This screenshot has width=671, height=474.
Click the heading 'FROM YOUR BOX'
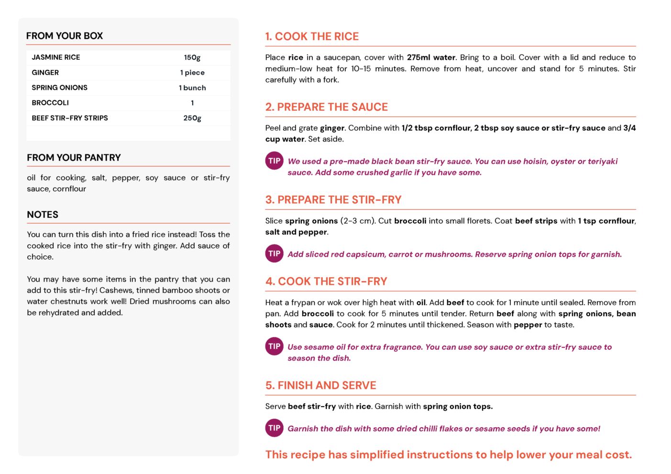pyautogui.click(x=65, y=36)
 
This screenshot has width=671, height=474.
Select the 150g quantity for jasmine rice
pyautogui.click(x=192, y=57)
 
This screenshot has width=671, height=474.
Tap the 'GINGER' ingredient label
pyautogui.click(x=45, y=73)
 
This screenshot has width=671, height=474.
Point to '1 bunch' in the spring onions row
pyautogui.click(x=192, y=88)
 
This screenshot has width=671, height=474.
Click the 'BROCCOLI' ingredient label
pyautogui.click(x=50, y=103)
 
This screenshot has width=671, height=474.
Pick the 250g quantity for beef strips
pyautogui.click(x=192, y=118)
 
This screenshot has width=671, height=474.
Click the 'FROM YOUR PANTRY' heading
pyautogui.click(x=74, y=158)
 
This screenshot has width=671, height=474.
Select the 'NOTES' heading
pyautogui.click(x=43, y=215)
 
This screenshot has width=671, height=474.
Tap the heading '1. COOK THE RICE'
pyautogui.click(x=312, y=36)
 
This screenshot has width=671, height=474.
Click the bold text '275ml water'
pyautogui.click(x=431, y=57)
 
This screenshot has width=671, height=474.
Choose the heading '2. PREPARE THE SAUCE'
pyautogui.click(x=327, y=107)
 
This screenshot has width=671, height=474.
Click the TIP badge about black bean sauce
pyautogui.click(x=274, y=161)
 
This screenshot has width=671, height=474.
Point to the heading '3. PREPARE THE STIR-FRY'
pyautogui.click(x=333, y=200)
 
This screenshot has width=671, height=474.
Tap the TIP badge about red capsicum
pyautogui.click(x=274, y=254)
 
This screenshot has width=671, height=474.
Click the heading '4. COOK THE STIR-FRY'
pyautogui.click(x=326, y=281)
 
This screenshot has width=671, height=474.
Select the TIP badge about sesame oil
pyautogui.click(x=274, y=346)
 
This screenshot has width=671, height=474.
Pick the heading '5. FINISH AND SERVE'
pyautogui.click(x=320, y=386)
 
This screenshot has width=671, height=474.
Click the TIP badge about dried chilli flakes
pyautogui.click(x=274, y=428)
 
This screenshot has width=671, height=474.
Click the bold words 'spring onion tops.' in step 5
pyautogui.click(x=458, y=407)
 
